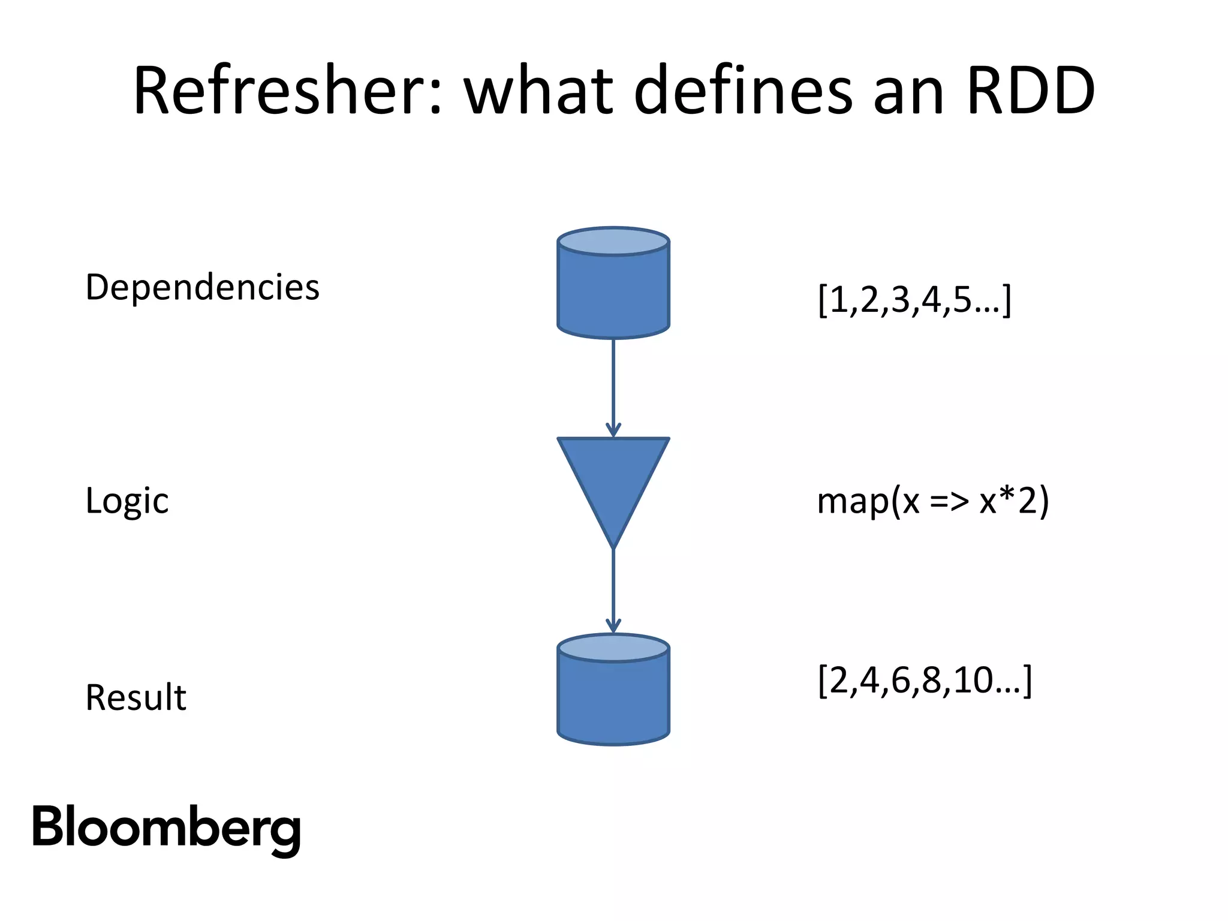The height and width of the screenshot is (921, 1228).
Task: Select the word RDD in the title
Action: point(1031,91)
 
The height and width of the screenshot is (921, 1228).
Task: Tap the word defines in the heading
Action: point(742,91)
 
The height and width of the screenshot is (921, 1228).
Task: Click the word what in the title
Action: point(538,91)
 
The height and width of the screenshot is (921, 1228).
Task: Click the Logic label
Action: point(127,501)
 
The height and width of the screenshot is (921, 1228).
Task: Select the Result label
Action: point(136,698)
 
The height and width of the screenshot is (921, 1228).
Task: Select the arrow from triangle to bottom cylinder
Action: point(613,591)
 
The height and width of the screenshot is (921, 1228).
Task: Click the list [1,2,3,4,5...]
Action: point(914,299)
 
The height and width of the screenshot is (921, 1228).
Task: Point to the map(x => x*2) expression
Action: point(932,501)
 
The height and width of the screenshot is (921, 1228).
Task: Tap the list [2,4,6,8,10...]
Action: point(924,681)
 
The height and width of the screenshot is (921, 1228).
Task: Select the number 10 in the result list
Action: point(971,680)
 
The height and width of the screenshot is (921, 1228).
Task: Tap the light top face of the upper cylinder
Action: point(613,242)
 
